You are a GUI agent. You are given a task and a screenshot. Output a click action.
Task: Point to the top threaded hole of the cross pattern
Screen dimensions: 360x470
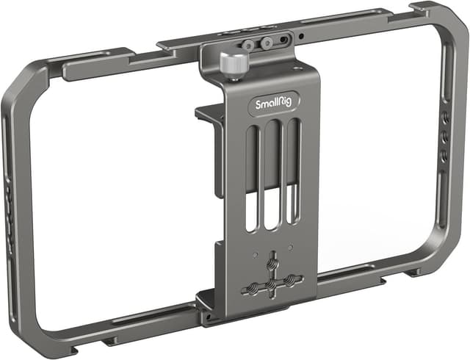pyautogui.click(x=274, y=259)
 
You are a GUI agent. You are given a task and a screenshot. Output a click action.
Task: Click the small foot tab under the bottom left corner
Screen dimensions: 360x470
pyautogui.click(x=110, y=341)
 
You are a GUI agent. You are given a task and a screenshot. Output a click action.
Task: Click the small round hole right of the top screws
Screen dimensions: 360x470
pyautogui.click(x=300, y=34)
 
